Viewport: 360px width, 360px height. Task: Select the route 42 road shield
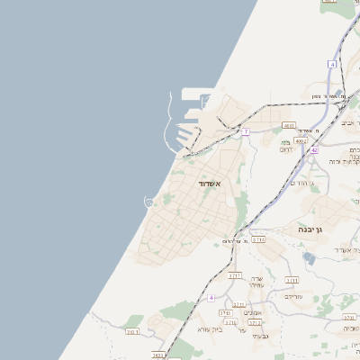click(314, 150)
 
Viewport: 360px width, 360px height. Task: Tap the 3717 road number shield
click(236, 274)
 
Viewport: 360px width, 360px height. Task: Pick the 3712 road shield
click(256, 321)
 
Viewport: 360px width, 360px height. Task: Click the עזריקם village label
click(294, 296)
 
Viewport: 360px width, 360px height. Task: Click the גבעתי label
click(260, 336)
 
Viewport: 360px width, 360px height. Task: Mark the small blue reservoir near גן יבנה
click(310, 258)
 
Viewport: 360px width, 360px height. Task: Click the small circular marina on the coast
click(148, 202)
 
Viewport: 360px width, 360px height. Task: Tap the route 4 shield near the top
click(332, 65)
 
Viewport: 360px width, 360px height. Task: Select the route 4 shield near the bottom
click(211, 297)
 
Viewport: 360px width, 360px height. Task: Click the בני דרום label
click(284, 145)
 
